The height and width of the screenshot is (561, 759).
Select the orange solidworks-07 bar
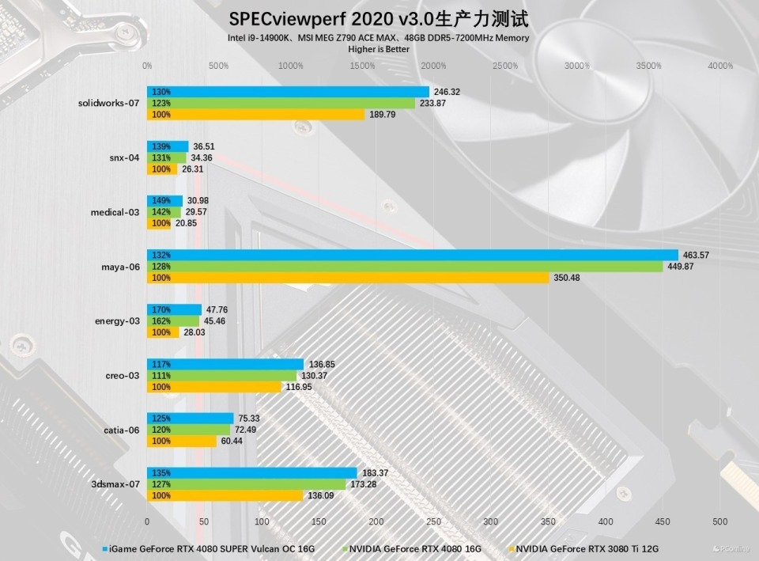pos(256,115)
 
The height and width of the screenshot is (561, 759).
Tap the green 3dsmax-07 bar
pos(246,484)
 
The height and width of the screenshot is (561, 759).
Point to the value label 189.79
pos(383,115)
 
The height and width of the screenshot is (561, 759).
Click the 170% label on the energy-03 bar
pos(160,310)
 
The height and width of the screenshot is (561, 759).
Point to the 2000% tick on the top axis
pos(434,66)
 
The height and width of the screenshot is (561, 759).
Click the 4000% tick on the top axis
pos(720,66)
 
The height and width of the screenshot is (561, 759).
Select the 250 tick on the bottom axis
pos(433,521)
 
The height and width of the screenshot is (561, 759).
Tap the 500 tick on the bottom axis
pos(719,521)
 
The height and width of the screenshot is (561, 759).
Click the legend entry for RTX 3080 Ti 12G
pos(588,548)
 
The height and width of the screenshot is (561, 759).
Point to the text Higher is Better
pos(379,48)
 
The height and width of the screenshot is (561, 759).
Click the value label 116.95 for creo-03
pos(299,387)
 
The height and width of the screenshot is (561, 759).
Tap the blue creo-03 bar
pos(225,364)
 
